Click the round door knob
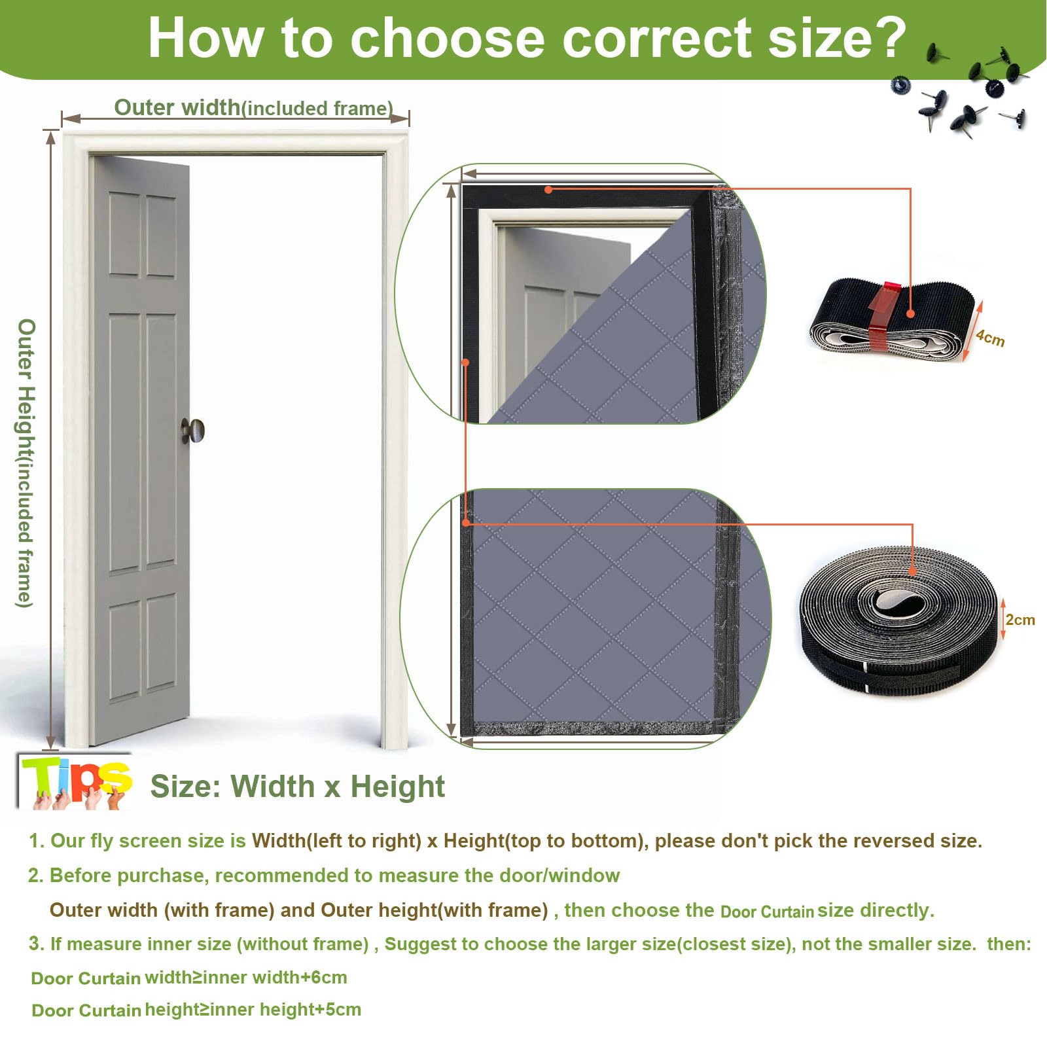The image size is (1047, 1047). [194, 431]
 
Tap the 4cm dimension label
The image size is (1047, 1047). [990, 338]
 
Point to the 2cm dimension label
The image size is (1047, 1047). [1020, 620]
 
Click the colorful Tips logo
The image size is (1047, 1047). [75, 782]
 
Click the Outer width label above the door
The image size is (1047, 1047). [254, 107]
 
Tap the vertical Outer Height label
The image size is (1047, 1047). [25, 463]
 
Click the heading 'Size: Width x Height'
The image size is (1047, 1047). [298, 786]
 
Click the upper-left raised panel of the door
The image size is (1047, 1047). [124, 234]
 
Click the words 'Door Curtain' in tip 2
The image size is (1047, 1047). [767, 912]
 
